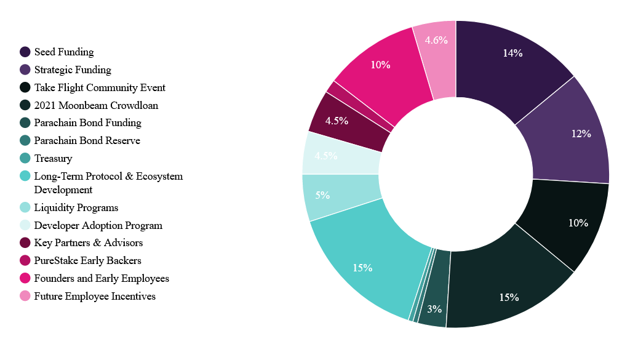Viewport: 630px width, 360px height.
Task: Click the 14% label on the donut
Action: pos(512,53)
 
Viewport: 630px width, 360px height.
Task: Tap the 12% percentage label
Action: pos(581,134)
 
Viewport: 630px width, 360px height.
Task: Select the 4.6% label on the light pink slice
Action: pos(436,40)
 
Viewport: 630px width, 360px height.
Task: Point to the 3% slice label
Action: pos(434,308)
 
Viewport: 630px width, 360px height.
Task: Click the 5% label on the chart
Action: pos(322,195)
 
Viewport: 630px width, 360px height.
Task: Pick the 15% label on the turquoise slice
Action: pos(362,268)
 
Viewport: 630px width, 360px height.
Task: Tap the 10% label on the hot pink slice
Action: pos(380,64)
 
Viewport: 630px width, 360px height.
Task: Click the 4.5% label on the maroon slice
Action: pos(337,121)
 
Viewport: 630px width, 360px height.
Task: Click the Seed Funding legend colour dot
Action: pos(25,52)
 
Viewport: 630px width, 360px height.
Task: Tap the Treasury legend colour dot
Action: pos(25,159)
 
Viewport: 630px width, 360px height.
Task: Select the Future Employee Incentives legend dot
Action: pos(25,297)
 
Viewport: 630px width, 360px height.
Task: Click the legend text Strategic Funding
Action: pos(73,70)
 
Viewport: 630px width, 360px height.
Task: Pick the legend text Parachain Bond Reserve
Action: pos(87,141)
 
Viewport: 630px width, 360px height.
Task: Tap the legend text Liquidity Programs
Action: pos(76,208)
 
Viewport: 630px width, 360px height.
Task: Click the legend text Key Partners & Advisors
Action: pos(89,243)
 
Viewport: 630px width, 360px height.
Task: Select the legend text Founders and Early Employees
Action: pos(102,279)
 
